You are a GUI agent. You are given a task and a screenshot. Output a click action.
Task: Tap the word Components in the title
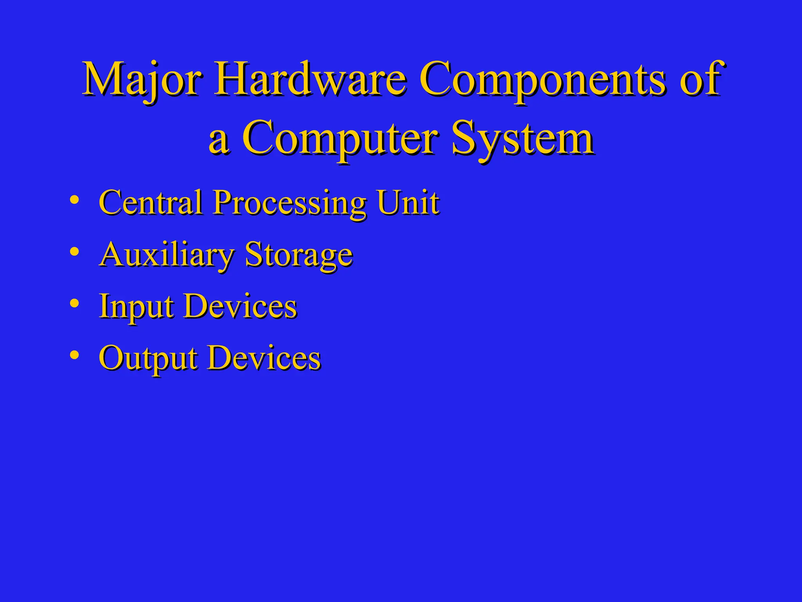tap(542, 80)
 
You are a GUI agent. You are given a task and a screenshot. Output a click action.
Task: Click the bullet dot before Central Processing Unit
tap(74, 200)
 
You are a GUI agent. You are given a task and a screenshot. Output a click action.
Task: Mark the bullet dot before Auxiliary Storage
tap(74, 252)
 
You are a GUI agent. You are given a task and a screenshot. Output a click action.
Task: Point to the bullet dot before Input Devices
tap(74, 303)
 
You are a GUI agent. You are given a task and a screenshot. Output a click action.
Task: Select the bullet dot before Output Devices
tap(74, 355)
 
